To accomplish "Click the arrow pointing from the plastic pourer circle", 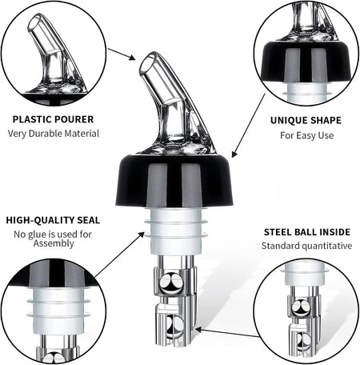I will click(x=121, y=54).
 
